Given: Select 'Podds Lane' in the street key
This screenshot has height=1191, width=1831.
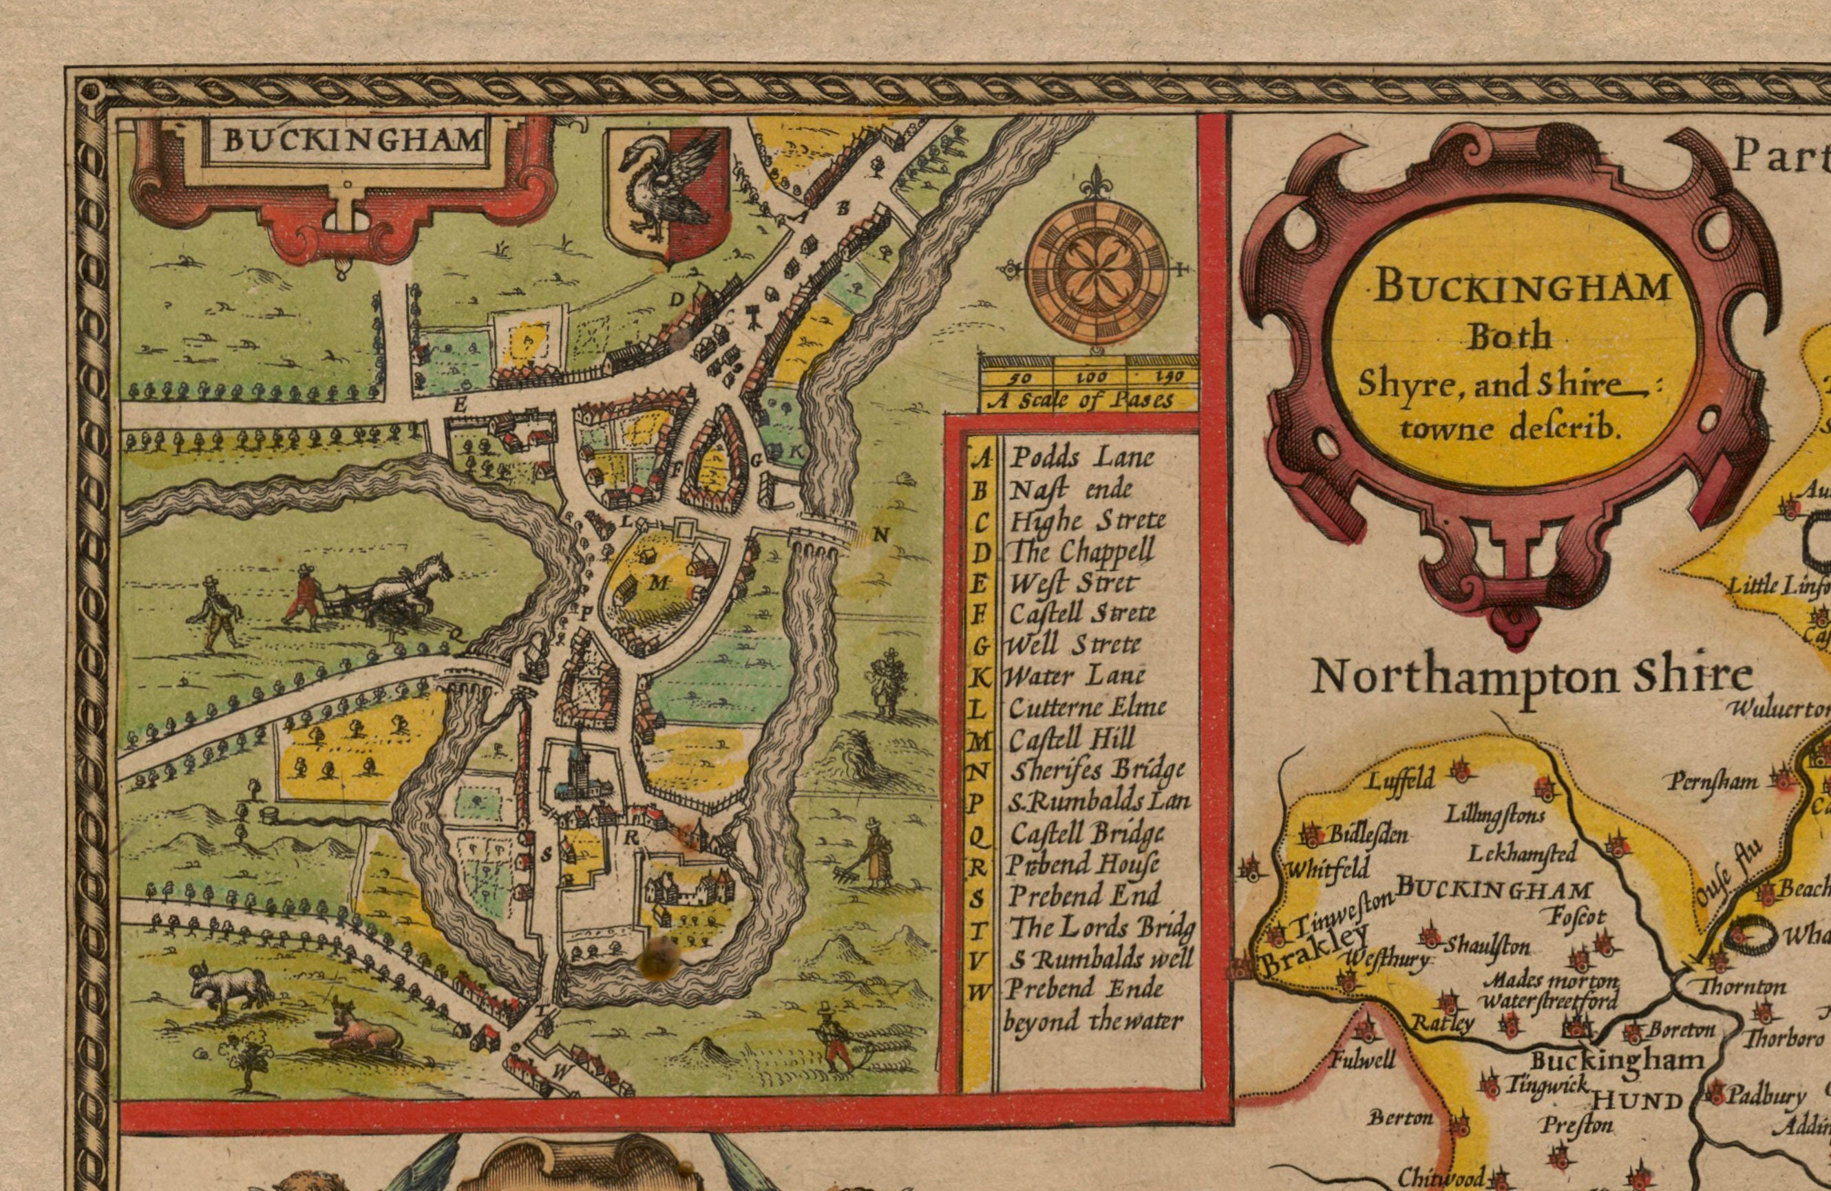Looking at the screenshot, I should (1081, 458).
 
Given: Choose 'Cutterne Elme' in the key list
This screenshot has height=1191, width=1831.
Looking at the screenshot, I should (1087, 707).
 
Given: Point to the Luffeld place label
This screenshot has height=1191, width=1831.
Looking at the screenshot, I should (1399, 781).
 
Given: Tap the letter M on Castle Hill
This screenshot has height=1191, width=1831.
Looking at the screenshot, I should (658, 583).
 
